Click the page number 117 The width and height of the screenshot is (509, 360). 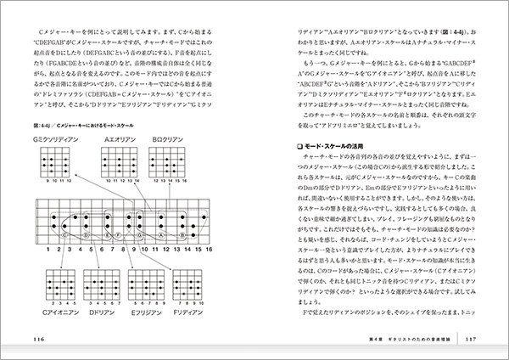click(473, 340)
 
